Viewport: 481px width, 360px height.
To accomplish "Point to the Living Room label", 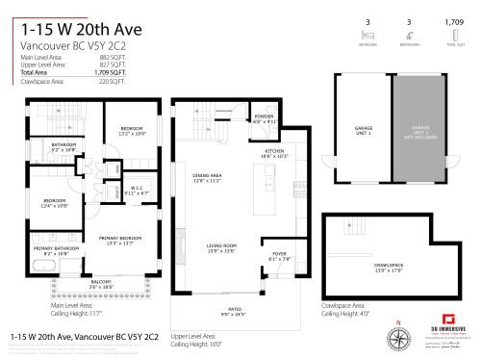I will [222, 247].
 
